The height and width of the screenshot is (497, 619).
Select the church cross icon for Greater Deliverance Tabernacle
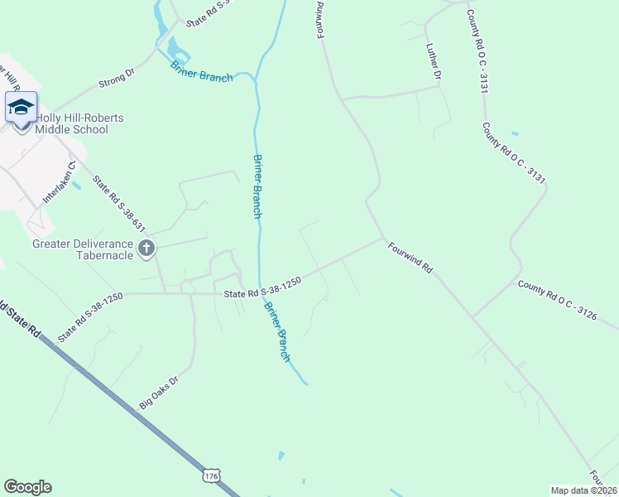coord(146,248)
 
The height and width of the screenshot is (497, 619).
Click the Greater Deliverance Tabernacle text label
coord(82,249)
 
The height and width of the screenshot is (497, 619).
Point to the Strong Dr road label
coord(116,80)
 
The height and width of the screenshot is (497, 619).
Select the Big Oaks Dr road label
coord(159,390)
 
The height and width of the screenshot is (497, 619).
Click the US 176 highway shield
coord(210,476)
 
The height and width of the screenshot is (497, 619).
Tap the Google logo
coord(27,487)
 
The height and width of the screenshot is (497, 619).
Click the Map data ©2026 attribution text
coord(583,490)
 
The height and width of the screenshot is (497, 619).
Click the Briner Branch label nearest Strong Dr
coord(201,71)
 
